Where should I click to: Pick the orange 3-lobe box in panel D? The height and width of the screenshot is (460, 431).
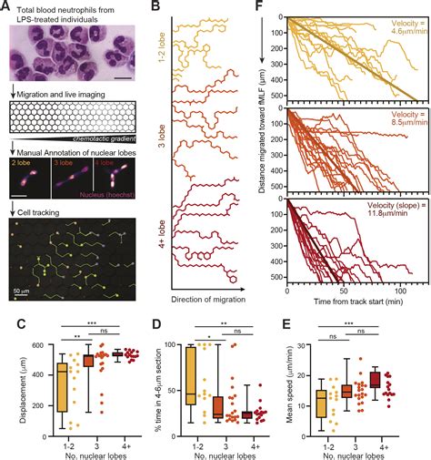tap(218, 407)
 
